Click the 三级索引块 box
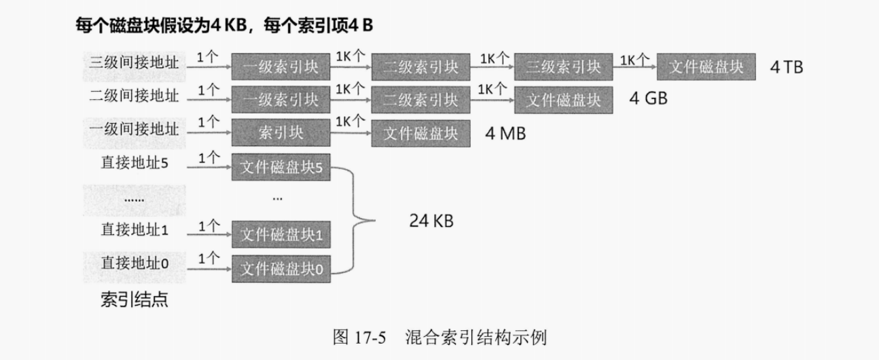562,67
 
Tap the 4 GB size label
648,99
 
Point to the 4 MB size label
505,133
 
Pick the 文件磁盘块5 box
281,167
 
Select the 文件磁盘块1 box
281,235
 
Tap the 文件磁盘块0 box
281,270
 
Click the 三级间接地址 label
134,62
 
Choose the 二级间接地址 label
134,96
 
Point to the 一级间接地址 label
134,129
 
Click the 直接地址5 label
134,162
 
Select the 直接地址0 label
134,262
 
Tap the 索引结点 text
134,300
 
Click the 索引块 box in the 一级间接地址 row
281,133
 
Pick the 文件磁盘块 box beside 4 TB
706,67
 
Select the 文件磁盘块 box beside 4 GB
563,100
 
